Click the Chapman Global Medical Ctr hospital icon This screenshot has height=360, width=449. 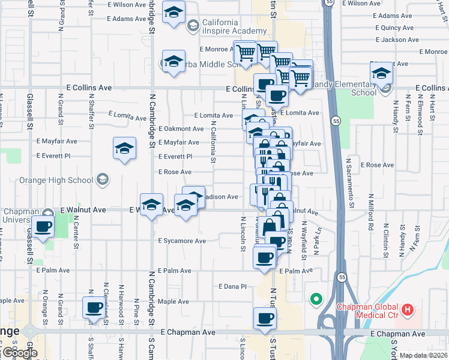[408, 310]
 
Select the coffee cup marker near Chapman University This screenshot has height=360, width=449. [43, 227]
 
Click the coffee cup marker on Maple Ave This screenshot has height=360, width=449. [93, 308]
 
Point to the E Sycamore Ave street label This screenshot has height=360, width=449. [182, 241]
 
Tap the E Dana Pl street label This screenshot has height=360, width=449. [233, 286]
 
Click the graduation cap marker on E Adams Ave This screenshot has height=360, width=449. [173, 13]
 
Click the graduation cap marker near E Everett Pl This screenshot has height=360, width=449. [124, 148]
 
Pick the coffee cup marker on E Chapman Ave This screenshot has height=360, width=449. [265, 318]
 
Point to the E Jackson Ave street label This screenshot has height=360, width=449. [396, 40]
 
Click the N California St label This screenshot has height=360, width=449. [213, 142]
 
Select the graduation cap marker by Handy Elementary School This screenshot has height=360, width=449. [381, 73]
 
